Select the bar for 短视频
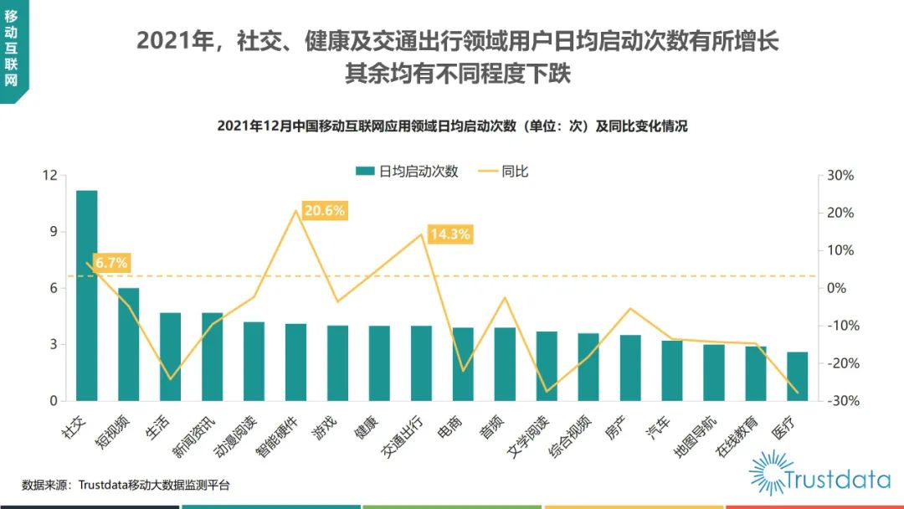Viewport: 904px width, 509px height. (x=129, y=344)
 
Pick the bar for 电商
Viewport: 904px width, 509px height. (x=463, y=364)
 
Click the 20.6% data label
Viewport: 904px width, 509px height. (x=325, y=211)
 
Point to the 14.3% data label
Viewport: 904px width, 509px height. (x=450, y=234)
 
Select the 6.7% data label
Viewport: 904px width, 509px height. (x=111, y=263)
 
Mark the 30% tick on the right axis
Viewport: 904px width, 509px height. (x=840, y=176)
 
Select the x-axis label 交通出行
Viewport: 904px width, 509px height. (x=405, y=435)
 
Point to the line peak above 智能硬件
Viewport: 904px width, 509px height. (x=295, y=210)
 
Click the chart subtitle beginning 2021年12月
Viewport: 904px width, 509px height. (x=452, y=126)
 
